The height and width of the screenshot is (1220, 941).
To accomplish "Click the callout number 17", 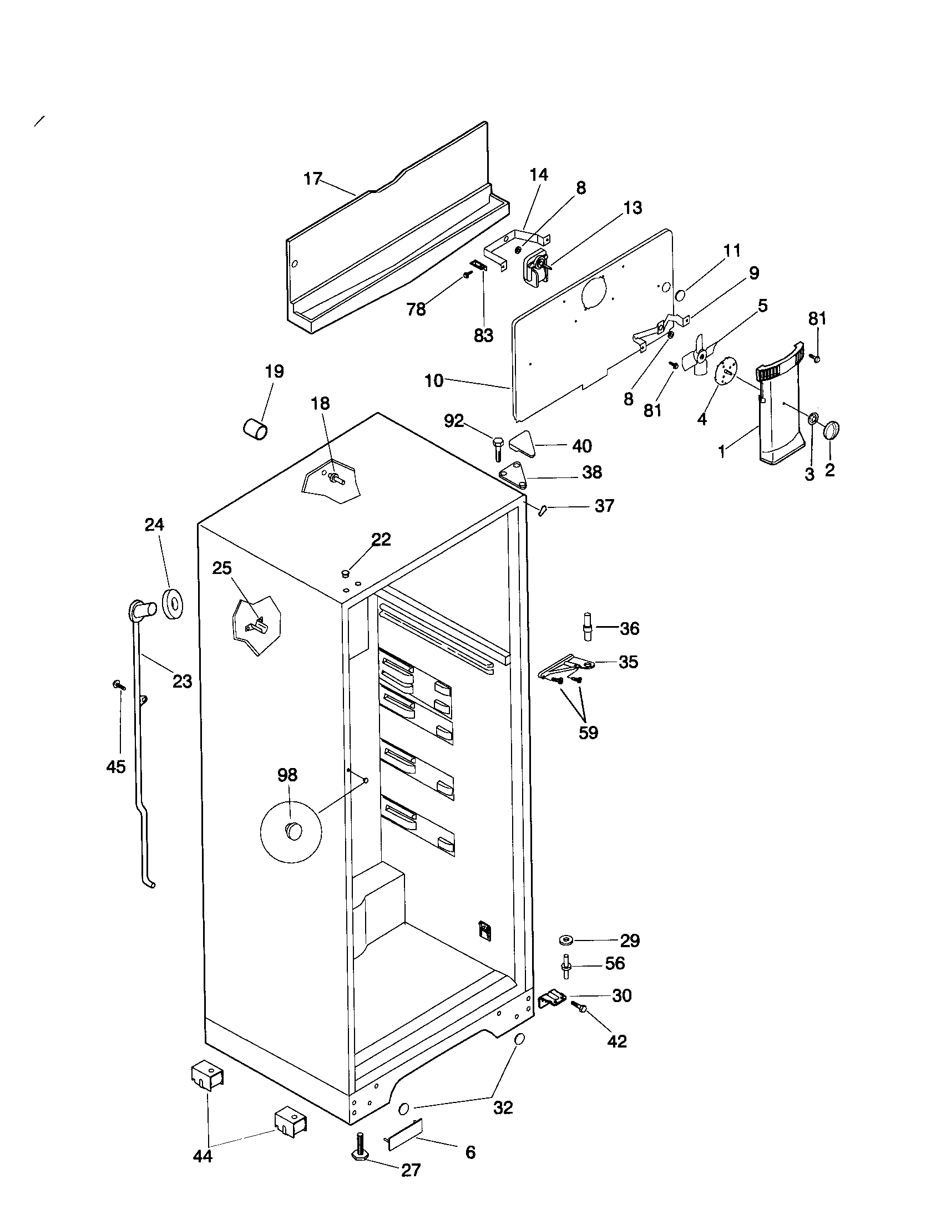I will [313, 179].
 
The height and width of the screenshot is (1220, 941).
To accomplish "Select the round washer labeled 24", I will [174, 604].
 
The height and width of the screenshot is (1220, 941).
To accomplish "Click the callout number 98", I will [287, 775].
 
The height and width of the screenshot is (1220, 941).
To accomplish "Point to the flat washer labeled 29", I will [566, 941].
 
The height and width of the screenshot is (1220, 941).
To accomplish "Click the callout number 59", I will [588, 733].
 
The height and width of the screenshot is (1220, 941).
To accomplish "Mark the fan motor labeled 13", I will [535, 268].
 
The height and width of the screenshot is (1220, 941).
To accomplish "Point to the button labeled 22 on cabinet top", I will [345, 573].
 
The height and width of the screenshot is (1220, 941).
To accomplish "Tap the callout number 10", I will [434, 381].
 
